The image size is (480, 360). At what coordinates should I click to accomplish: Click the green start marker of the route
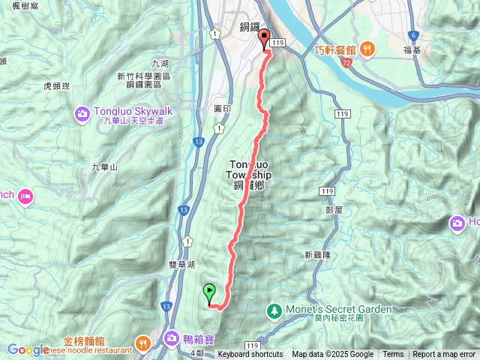click(209, 292)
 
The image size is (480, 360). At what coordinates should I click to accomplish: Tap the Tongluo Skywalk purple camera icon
click(82, 113)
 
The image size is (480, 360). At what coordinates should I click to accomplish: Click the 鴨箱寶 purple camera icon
click(172, 340)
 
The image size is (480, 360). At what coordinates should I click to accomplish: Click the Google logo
click(28, 349)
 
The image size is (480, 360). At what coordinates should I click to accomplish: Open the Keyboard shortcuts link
click(250, 355)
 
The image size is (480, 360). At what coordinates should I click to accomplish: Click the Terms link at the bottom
click(393, 355)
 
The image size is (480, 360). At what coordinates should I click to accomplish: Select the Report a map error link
click(445, 355)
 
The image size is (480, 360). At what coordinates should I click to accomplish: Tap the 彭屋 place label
click(334, 210)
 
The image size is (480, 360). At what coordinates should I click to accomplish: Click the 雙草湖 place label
click(182, 265)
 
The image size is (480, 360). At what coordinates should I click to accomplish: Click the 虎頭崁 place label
click(57, 85)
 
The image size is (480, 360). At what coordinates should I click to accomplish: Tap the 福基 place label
click(412, 50)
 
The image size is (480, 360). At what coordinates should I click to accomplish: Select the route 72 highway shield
click(346, 64)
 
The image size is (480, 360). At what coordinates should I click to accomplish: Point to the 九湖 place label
click(160, 64)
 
